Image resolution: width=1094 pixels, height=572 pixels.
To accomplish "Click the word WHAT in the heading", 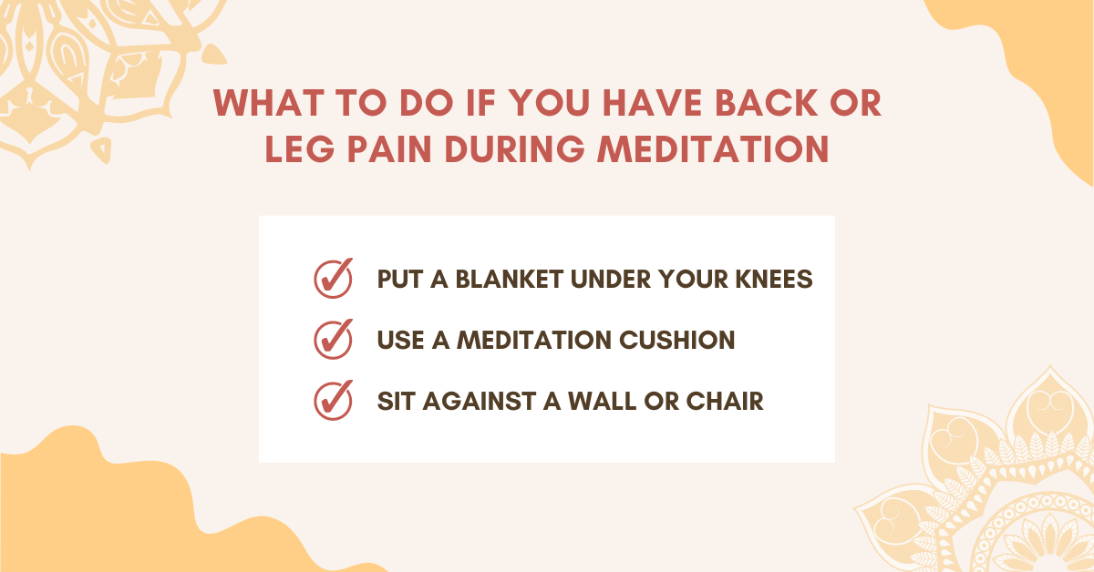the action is [269, 104].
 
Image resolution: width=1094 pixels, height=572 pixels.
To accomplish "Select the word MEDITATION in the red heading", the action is [714, 148].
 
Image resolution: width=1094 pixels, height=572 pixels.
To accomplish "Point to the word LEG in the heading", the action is [300, 148].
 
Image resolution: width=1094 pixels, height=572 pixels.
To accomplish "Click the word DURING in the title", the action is [515, 148].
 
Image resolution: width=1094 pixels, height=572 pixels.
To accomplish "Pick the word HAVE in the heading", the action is [653, 104].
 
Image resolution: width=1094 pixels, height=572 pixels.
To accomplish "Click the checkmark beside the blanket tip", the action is [334, 278].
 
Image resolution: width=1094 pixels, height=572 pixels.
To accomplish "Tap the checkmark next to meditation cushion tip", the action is [334, 339].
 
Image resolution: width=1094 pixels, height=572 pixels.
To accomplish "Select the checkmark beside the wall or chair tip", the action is [334, 400].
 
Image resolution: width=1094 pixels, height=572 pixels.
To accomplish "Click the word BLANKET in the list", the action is [510, 279].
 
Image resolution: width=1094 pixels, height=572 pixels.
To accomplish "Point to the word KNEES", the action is [774, 279].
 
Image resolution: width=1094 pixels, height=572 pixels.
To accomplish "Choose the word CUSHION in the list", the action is [676, 340].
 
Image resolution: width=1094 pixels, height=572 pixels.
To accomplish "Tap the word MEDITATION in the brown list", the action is [534, 340].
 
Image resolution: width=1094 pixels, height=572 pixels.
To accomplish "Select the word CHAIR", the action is [725, 401].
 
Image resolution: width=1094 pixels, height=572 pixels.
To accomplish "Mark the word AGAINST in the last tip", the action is [480, 401].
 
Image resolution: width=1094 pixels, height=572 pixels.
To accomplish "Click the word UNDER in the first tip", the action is [611, 279].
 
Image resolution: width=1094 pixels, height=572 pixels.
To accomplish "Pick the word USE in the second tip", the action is [400, 340].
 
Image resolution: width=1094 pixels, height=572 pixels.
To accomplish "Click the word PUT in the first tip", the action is [400, 279].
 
